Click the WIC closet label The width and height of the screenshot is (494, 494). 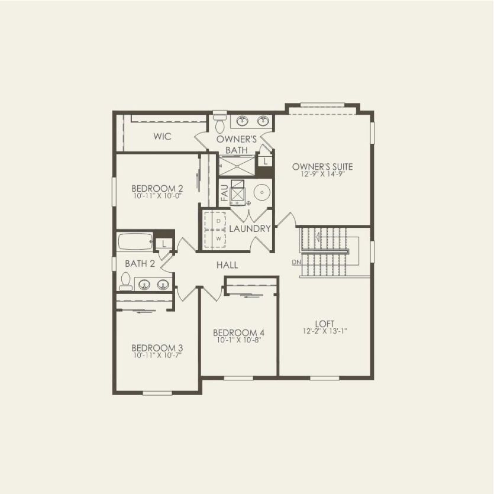click(x=162, y=137)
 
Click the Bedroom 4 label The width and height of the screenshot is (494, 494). click(x=238, y=332)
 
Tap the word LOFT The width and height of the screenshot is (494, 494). click(x=325, y=323)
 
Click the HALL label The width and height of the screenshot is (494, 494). click(x=227, y=265)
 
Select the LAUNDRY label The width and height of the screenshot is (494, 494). click(x=250, y=228)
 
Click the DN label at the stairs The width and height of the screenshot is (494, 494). click(x=296, y=262)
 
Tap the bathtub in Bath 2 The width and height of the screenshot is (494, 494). click(x=135, y=243)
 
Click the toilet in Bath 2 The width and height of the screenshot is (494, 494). click(x=125, y=281)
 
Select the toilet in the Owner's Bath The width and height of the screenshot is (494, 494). click(x=220, y=124)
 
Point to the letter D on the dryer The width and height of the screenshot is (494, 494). click(x=218, y=221)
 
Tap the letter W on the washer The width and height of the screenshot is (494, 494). click(x=218, y=238)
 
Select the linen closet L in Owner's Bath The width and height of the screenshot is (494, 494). click(x=266, y=161)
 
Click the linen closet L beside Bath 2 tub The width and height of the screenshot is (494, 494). click(x=164, y=243)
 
